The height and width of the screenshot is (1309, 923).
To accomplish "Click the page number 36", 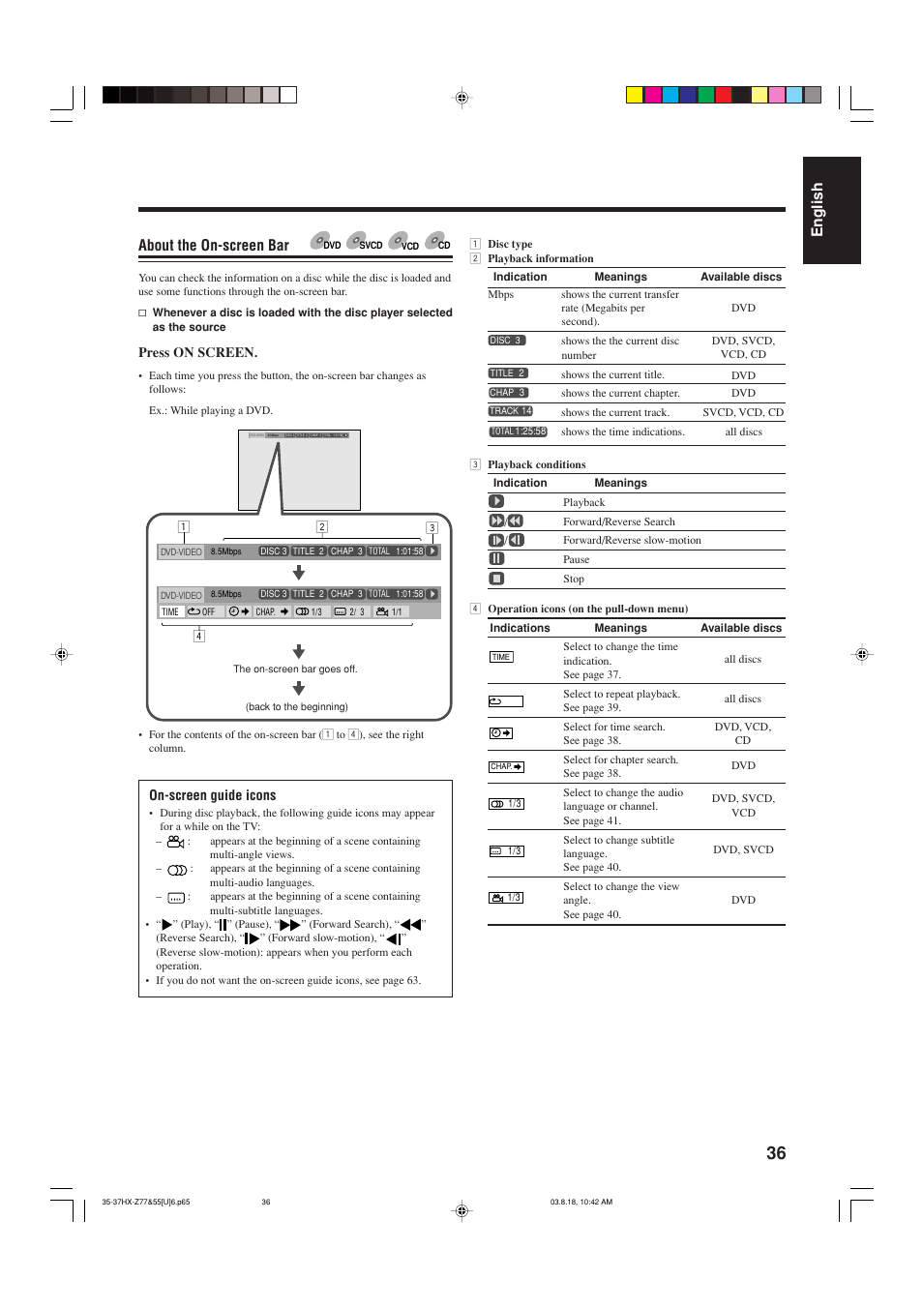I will coord(776,1153).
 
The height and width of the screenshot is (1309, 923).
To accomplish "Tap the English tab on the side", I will coord(819,210).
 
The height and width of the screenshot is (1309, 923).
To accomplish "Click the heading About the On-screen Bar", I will coord(214,246).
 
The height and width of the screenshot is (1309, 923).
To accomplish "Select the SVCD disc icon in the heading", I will coord(365,242).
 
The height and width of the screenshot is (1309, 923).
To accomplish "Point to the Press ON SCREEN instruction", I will coord(197,353).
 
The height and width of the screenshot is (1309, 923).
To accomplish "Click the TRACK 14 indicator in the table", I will coord(510,411).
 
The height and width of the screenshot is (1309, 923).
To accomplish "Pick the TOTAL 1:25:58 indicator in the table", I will coord(518,431).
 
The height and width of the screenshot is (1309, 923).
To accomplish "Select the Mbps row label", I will coord(500,295).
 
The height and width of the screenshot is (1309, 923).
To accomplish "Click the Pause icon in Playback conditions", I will coord(496,559).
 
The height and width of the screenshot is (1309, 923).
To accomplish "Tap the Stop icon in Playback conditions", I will coord(496,579).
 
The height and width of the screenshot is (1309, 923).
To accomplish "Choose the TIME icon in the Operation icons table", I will coord(500,657).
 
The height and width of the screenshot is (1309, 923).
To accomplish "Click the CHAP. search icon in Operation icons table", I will coord(506,767).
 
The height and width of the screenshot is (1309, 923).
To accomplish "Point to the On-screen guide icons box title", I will coord(213,795).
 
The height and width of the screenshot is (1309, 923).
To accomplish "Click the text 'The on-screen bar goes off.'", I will coord(295,669).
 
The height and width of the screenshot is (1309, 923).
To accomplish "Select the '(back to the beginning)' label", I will coord(296,707).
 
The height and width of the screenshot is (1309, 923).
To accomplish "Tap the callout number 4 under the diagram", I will coord(198,636).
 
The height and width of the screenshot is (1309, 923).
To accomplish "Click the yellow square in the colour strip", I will coord(634,95).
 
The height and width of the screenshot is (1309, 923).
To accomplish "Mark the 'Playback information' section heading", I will coord(540,259).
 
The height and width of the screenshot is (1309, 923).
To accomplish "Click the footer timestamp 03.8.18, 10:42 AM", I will coord(581,1203).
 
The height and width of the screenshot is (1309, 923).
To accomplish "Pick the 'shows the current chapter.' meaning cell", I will coord(620,394).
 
